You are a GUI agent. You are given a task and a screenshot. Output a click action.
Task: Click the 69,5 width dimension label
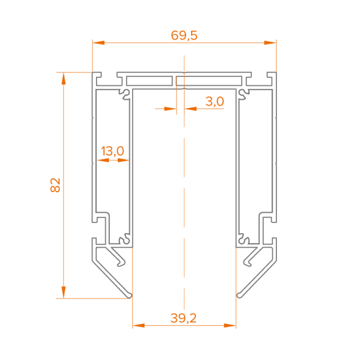tap(184, 36)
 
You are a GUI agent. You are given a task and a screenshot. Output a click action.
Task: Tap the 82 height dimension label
tap(55, 185)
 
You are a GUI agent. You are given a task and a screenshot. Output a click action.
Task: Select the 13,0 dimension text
tap(112, 151)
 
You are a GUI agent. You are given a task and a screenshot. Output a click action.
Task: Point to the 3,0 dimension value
tap(215, 101)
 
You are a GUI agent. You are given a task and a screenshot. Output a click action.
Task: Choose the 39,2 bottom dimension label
tap(184, 318)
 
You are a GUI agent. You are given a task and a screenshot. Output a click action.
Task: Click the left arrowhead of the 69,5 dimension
tap(98, 43)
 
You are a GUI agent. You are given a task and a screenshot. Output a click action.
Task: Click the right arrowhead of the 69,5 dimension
tap(270, 43)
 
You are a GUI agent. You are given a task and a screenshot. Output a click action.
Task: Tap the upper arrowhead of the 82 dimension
tap(63, 78)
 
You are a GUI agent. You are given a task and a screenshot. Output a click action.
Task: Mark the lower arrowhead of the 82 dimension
tap(63, 292)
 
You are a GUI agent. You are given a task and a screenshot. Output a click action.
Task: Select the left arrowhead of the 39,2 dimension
tap(139, 325)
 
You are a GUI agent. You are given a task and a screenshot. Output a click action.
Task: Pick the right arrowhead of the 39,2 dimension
tap(230, 325)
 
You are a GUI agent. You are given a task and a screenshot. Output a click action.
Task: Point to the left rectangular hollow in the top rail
tap(149, 81)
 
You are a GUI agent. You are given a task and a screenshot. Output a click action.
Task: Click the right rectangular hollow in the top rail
tap(209, 81)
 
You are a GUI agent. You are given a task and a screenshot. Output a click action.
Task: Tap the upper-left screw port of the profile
tap(126, 94)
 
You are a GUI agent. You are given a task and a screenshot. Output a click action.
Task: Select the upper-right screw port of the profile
tap(243, 94)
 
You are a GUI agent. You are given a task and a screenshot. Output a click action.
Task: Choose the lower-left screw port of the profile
tap(126, 239)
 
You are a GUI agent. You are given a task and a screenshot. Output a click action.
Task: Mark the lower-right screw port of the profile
tap(242, 239)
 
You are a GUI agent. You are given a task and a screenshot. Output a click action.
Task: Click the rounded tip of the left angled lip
tap(130, 296)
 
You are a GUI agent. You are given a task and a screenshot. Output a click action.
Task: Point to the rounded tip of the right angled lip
tap(239, 296)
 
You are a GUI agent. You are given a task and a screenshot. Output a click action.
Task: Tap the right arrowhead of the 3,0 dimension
tap(191, 108)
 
